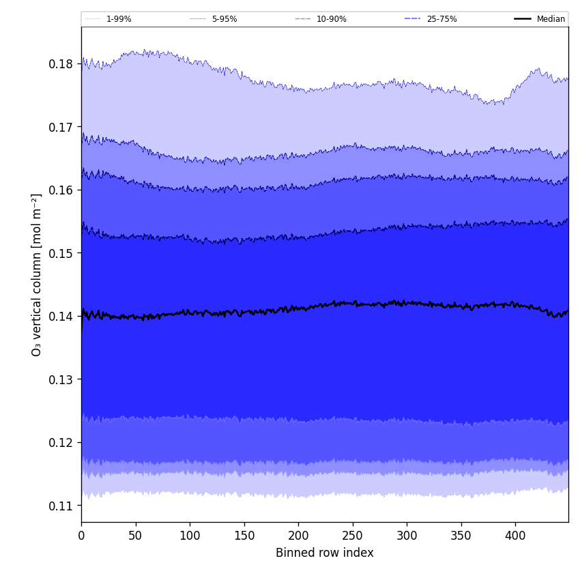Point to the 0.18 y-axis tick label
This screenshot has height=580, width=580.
(61, 64)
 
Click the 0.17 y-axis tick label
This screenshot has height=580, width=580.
(61, 127)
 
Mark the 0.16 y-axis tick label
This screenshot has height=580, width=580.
(61, 190)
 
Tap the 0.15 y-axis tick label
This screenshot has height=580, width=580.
(61, 253)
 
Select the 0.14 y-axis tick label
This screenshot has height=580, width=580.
(61, 317)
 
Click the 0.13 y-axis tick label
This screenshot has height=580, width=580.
(61, 379)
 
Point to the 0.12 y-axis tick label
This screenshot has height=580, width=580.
(61, 443)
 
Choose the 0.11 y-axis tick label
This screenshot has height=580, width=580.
(61, 506)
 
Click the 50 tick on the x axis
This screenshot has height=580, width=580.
(135, 536)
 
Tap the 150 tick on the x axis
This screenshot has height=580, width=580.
(244, 536)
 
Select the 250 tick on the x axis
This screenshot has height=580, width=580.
(352, 536)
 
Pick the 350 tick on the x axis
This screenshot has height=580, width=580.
(461, 536)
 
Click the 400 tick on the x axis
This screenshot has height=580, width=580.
(515, 536)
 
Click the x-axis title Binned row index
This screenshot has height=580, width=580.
(325, 553)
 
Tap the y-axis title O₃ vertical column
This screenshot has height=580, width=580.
(37, 274)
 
